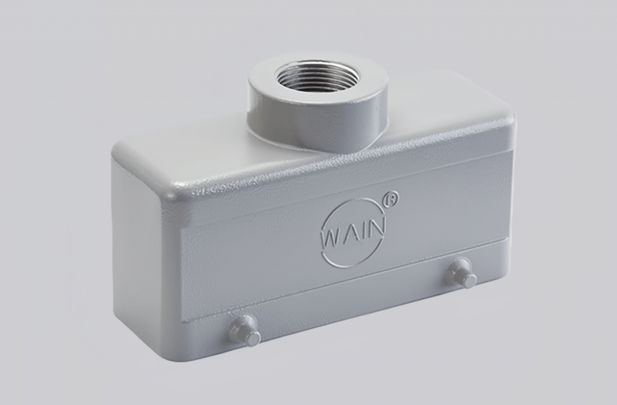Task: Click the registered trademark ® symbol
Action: coord(391,199)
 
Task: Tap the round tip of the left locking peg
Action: coord(253,338)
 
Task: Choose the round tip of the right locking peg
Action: coord(470,280)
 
